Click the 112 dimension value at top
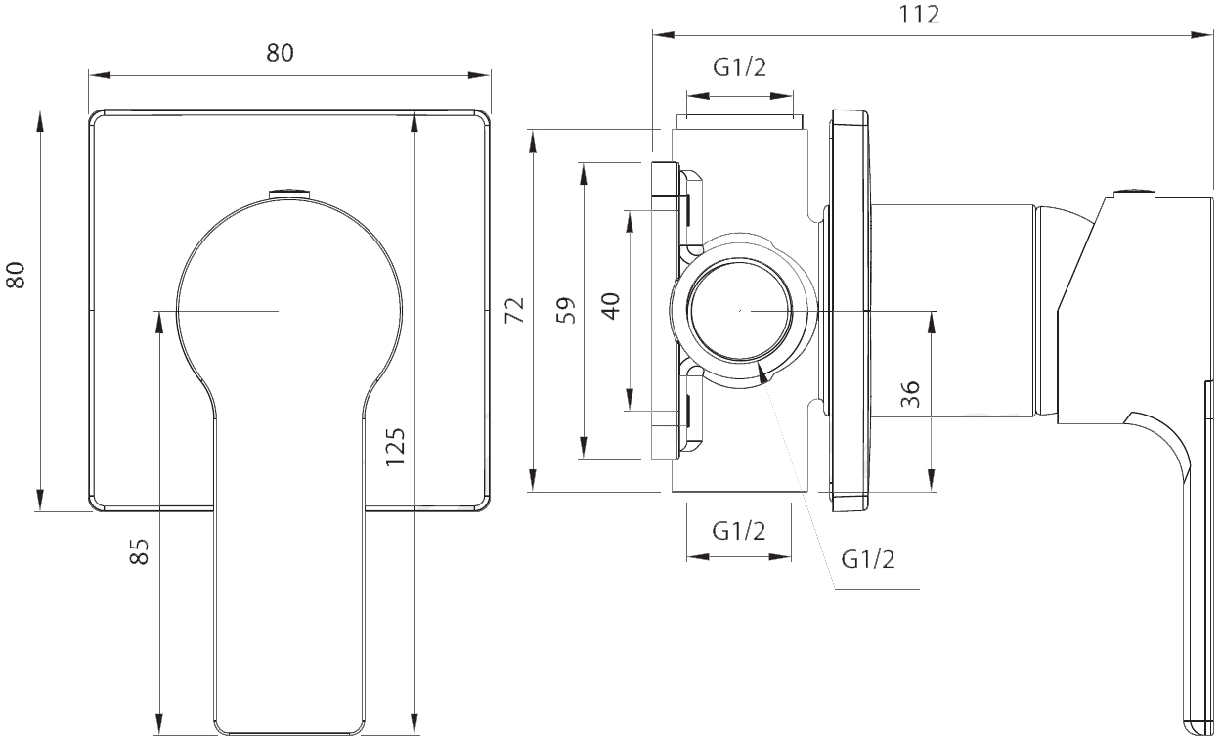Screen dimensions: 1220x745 point(919,15)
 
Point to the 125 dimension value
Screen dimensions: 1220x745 point(396,447)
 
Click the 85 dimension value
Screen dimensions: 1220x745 point(140,551)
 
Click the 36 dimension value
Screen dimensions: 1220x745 point(910,394)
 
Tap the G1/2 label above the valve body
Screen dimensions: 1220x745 point(740,67)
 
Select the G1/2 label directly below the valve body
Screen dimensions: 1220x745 point(739,531)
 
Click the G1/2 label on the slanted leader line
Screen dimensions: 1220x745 point(868,559)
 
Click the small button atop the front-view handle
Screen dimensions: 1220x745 point(290,194)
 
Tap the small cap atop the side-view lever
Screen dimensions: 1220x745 point(1135,193)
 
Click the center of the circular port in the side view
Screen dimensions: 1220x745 point(740,311)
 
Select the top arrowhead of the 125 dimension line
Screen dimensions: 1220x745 point(414,121)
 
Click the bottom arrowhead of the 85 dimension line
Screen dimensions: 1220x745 point(159,724)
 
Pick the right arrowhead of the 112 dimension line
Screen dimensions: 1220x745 point(1202,35)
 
